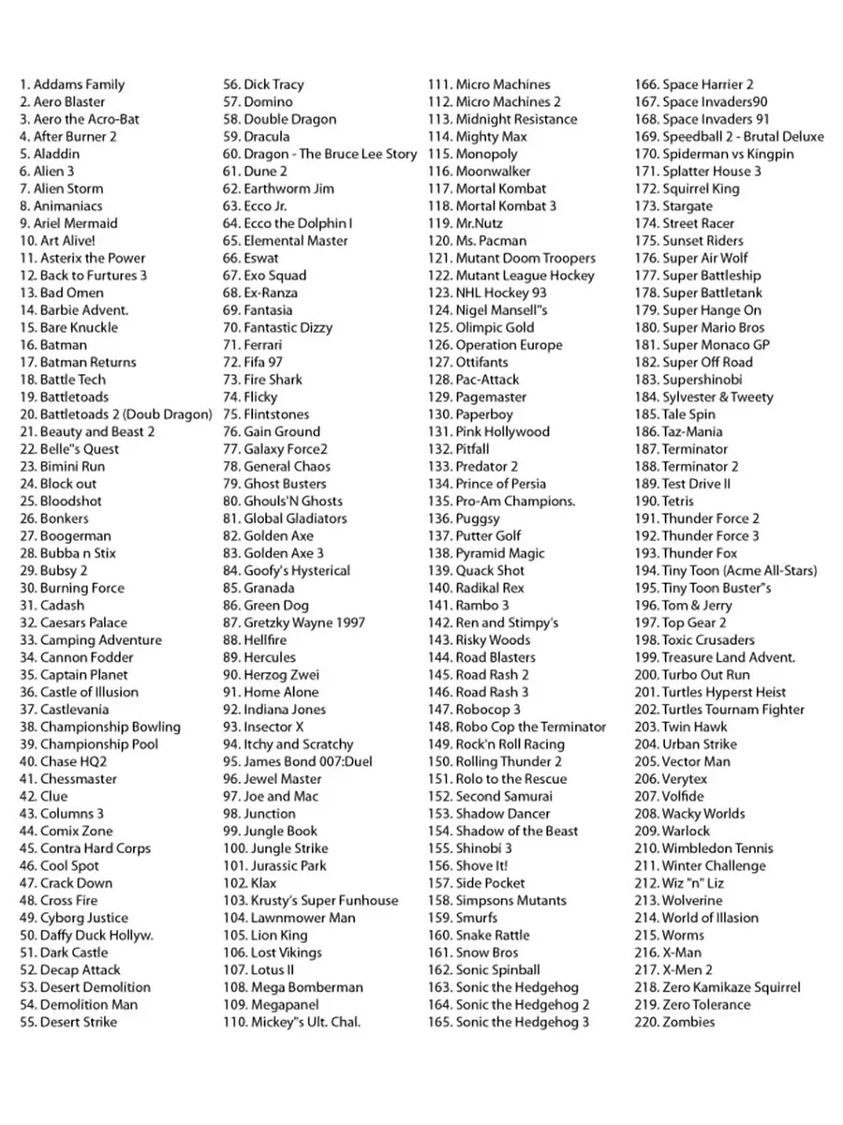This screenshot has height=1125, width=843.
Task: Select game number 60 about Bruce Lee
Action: (319, 154)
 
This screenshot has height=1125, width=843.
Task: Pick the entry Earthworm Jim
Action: (278, 188)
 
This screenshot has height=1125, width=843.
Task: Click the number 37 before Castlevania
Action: (26, 710)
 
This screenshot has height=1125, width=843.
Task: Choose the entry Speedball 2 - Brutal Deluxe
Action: (729, 136)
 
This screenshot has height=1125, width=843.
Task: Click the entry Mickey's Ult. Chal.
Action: (291, 1022)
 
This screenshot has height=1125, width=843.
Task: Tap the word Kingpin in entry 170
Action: (767, 154)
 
